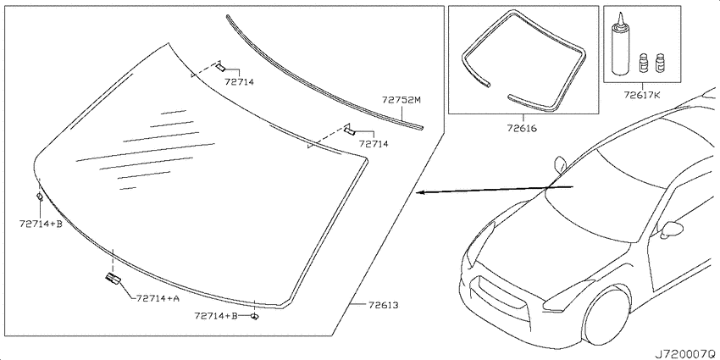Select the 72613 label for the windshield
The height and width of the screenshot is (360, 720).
tap(383, 305)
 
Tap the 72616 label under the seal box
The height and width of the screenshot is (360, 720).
tap(522, 129)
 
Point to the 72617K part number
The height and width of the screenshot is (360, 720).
tap(641, 96)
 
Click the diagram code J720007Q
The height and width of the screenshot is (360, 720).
tap(686, 354)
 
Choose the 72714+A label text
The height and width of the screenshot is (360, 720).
tap(158, 298)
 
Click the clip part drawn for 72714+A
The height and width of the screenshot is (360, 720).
tap(113, 278)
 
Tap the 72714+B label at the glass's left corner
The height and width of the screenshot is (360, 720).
tap(41, 224)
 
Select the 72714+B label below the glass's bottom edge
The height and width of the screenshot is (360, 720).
tap(216, 316)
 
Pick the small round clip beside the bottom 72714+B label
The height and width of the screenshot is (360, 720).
tap(255, 317)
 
